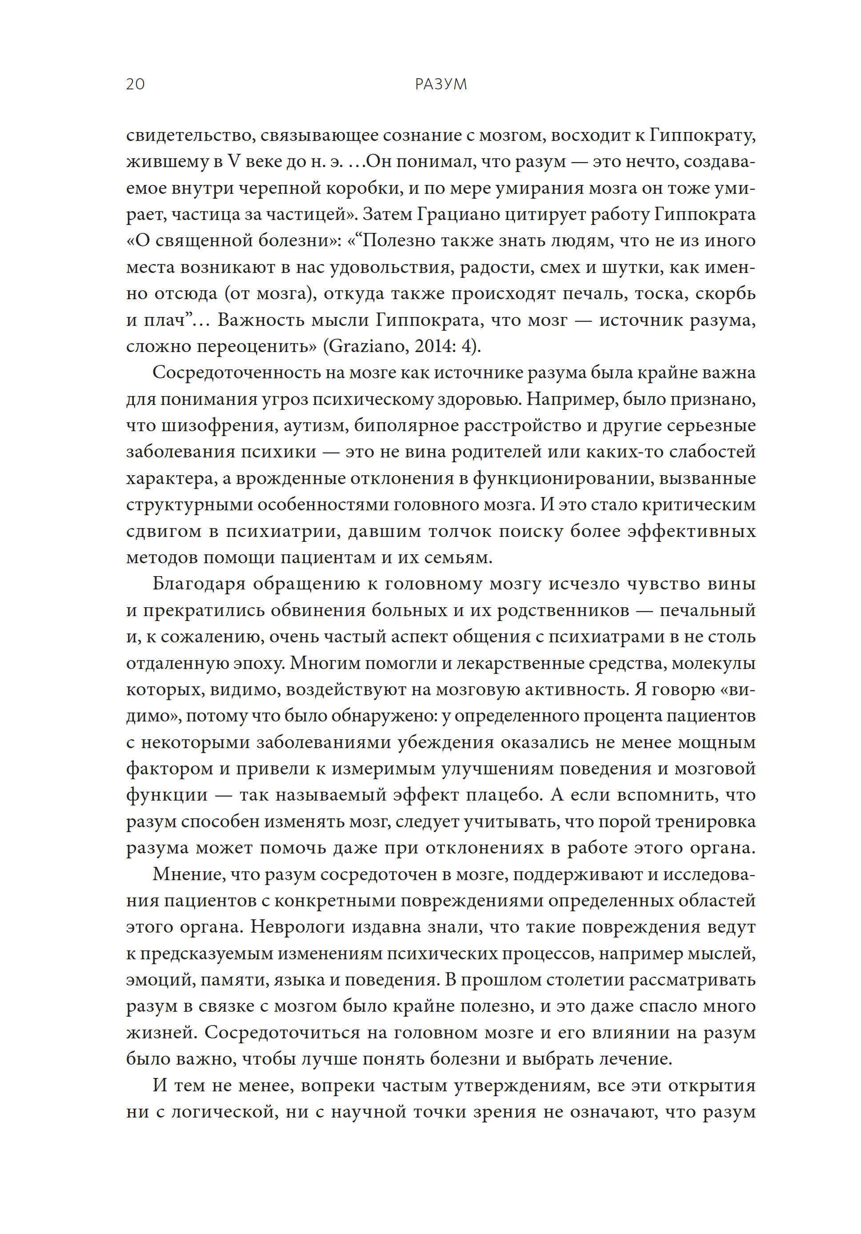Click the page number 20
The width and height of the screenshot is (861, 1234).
136,84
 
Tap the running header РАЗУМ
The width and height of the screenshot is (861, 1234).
441,84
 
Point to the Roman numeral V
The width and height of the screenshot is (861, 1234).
233,162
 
